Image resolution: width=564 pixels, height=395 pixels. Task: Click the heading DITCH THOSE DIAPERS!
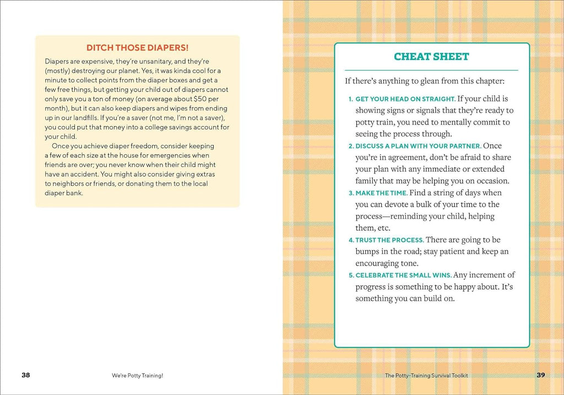137,48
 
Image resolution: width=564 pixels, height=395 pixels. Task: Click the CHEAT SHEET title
431,56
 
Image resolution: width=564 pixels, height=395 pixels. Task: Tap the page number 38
26,375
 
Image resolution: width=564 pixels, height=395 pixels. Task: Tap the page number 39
540,375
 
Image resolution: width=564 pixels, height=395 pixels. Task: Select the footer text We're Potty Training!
137,375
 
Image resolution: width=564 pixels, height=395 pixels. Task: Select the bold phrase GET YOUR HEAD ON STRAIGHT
405,99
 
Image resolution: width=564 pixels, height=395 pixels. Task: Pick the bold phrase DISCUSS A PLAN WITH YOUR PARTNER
418,146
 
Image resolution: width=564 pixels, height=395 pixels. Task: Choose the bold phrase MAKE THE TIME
381,193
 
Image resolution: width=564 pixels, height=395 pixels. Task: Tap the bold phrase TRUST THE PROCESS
389,240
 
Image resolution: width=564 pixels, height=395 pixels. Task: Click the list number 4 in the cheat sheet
351,240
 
